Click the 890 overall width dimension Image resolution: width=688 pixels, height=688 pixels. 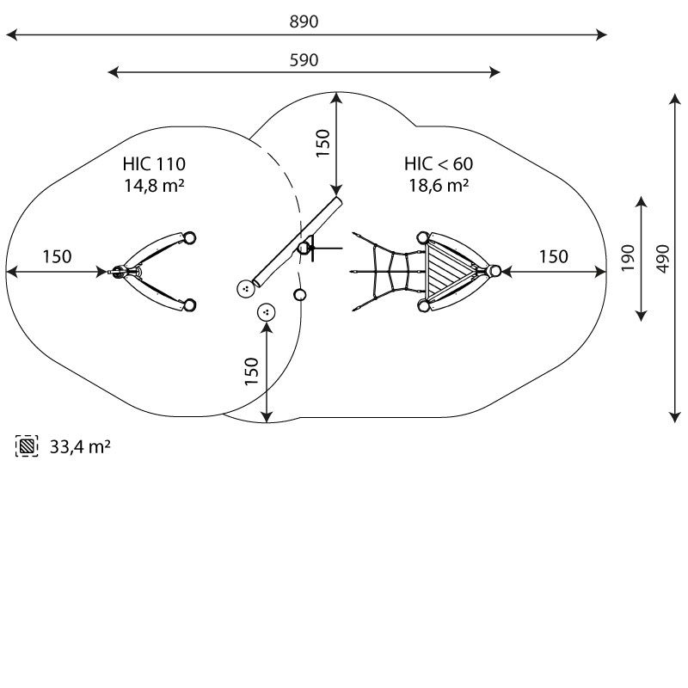[x=304, y=22]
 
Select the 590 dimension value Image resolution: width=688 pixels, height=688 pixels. [x=304, y=60]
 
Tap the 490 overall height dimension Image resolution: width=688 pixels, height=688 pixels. [x=661, y=257]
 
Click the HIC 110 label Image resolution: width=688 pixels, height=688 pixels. [x=154, y=164]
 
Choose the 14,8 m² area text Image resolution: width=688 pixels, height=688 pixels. [x=154, y=185]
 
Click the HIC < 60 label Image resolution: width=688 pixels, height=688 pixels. [x=439, y=164]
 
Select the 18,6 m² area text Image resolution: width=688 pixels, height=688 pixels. [x=439, y=185]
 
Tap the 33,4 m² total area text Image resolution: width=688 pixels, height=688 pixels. [x=79, y=446]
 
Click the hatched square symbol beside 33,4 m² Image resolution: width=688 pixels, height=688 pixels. [x=28, y=446]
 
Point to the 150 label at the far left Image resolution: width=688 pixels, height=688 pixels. [x=57, y=256]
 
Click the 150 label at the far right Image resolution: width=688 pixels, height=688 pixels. [x=554, y=256]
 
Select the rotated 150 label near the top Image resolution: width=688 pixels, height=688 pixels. [x=322, y=143]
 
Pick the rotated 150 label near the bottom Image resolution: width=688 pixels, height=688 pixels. [x=252, y=372]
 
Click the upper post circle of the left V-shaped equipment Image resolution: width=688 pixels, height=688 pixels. [x=190, y=238]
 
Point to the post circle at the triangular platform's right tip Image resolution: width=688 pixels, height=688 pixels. [x=494, y=272]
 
